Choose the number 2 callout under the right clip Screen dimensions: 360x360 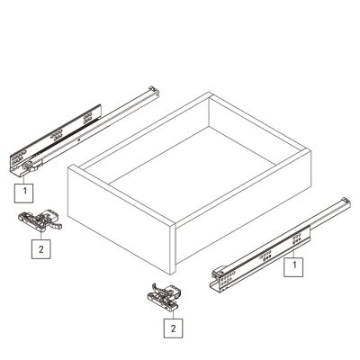(x=171, y=328)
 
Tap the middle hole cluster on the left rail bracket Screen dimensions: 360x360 (x=57, y=136)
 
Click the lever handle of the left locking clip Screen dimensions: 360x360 (x=49, y=226)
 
